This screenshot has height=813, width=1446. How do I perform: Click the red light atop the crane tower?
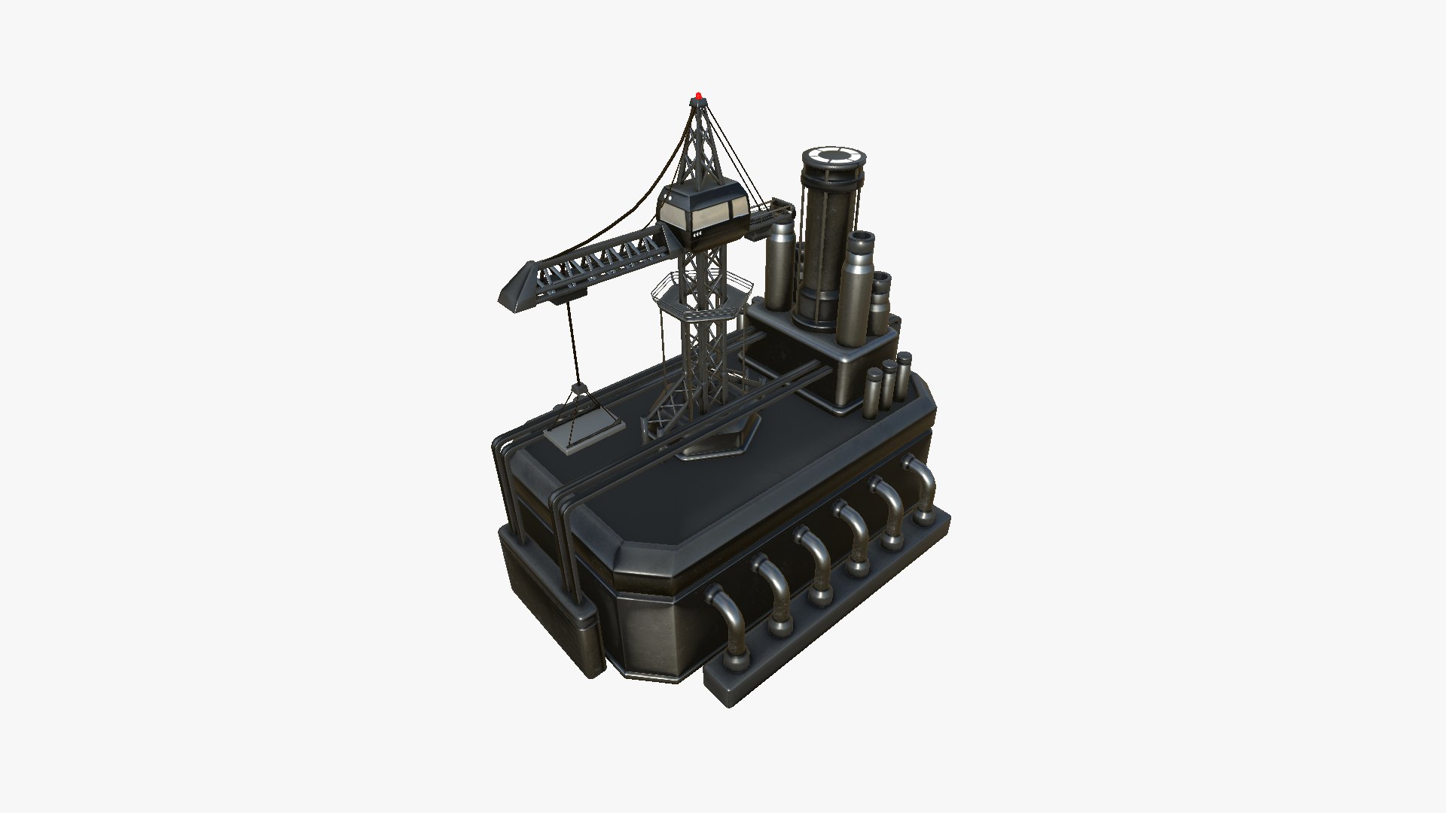699,96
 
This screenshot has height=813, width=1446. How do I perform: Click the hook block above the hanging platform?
578,390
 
